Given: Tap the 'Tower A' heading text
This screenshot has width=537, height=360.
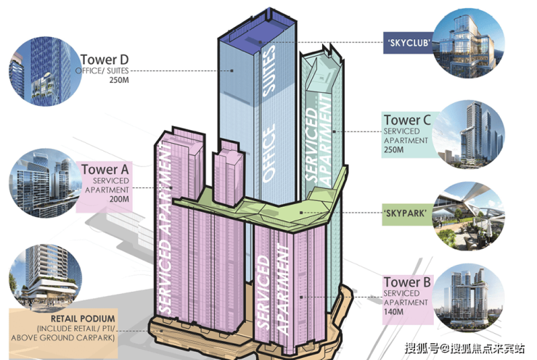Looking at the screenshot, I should pyautogui.click(x=104, y=170).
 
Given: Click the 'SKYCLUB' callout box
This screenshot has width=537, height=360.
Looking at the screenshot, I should pyautogui.click(x=409, y=43).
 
